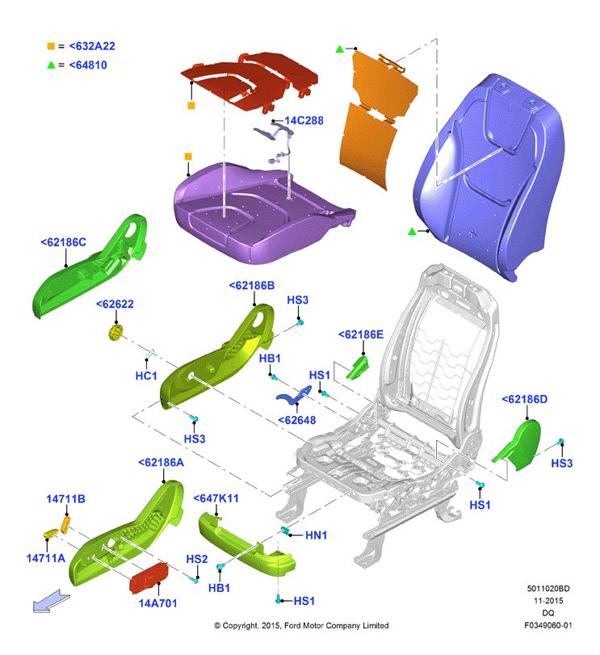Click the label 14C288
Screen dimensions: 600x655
[304, 120]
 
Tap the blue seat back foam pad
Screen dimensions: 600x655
[489, 175]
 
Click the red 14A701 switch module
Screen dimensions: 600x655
[149, 577]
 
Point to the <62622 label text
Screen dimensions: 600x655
[115, 304]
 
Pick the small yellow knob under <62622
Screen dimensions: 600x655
[115, 332]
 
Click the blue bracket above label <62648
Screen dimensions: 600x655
[294, 396]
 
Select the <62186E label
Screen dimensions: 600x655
[361, 334]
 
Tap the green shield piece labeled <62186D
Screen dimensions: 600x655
[520, 446]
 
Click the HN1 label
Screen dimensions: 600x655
[316, 535]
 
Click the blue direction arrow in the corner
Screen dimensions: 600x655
[51, 602]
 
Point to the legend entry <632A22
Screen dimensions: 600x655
[92, 46]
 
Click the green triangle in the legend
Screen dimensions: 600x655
[51, 65]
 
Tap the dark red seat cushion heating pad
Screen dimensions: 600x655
[250, 82]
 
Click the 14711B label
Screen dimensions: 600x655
[65, 499]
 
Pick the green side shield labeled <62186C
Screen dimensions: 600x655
[90, 267]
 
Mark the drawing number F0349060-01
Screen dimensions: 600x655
[548, 625]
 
